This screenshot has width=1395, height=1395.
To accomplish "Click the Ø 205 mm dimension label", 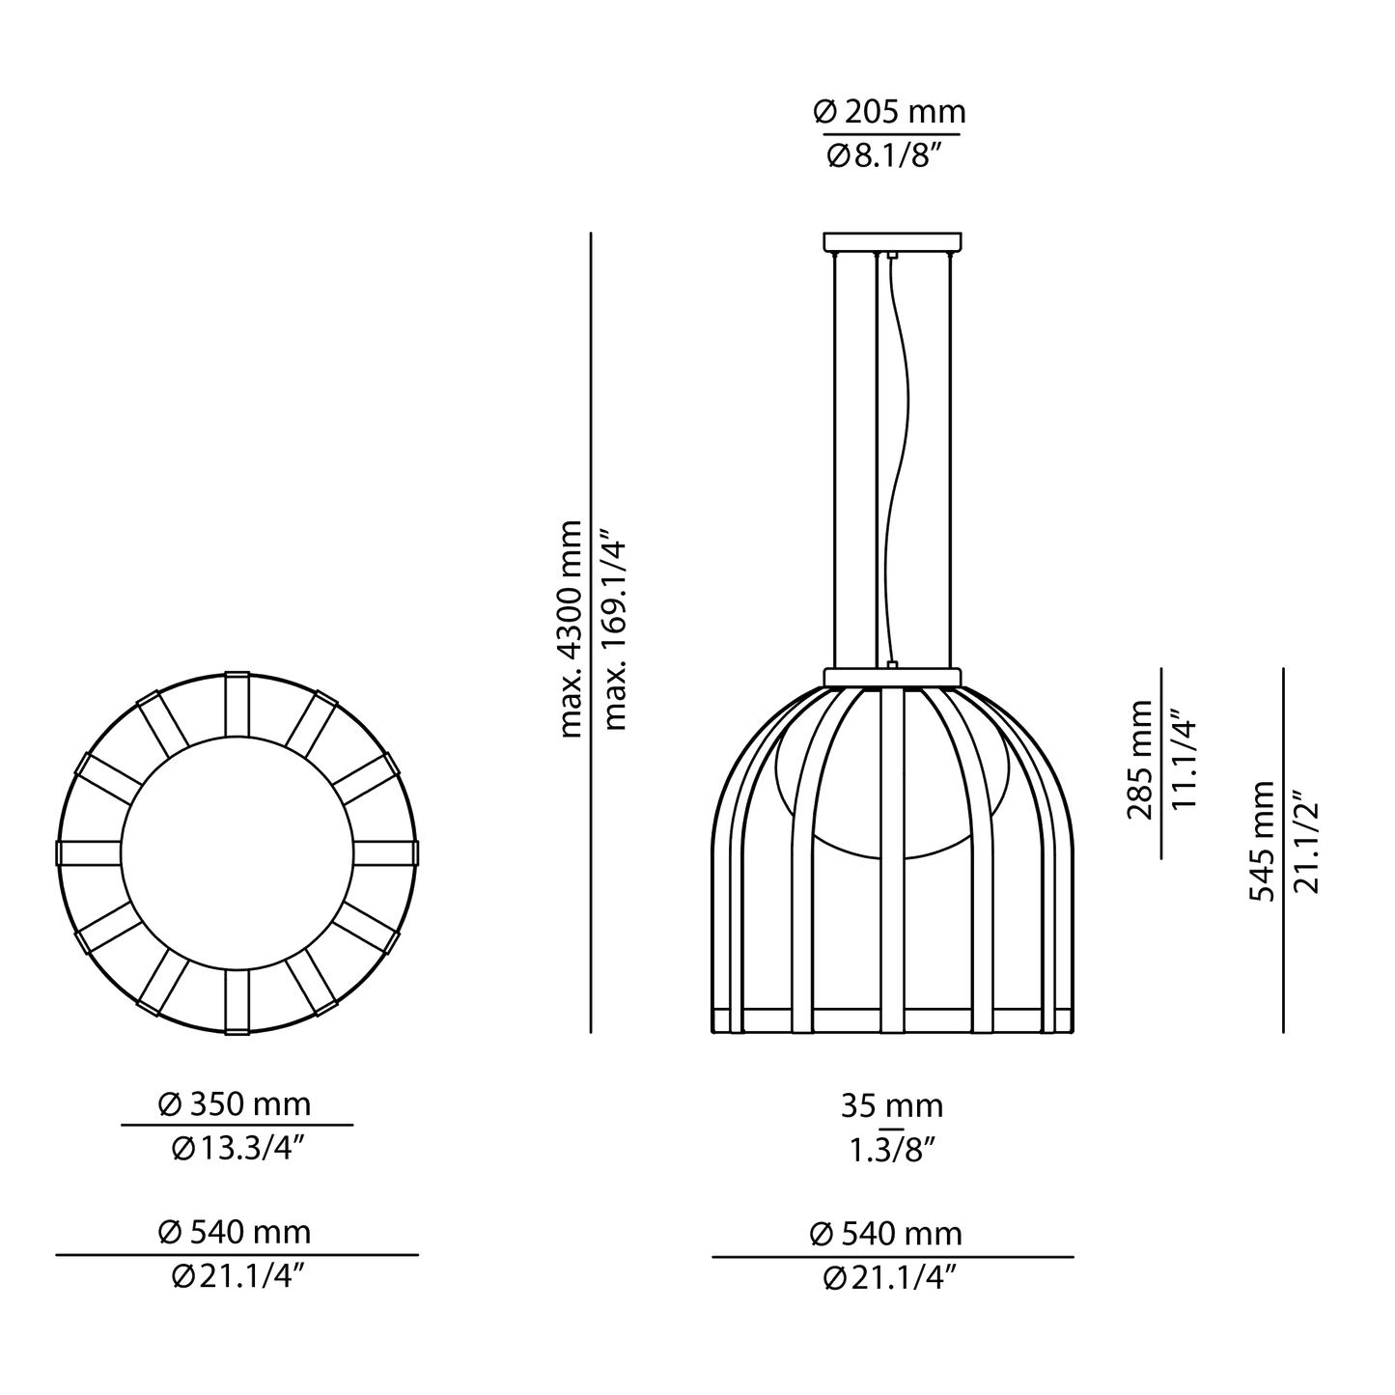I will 889,113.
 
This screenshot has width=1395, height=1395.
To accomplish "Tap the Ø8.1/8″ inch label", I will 889,155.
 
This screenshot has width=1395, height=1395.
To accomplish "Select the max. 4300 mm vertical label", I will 572,628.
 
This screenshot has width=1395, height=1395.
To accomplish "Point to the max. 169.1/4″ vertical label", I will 615,628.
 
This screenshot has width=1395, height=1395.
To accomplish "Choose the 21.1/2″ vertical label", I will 1304,842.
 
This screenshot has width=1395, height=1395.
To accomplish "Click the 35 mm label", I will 891,1106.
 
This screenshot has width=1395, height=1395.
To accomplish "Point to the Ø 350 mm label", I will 237,1102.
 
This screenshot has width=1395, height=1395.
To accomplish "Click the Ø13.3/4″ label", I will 237,1148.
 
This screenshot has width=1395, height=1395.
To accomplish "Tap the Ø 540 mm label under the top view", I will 237,1233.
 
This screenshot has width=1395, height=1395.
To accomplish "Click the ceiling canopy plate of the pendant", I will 893,241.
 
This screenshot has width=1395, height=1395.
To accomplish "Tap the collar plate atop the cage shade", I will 893,677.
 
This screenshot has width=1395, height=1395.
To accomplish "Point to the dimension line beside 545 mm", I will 1284,850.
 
